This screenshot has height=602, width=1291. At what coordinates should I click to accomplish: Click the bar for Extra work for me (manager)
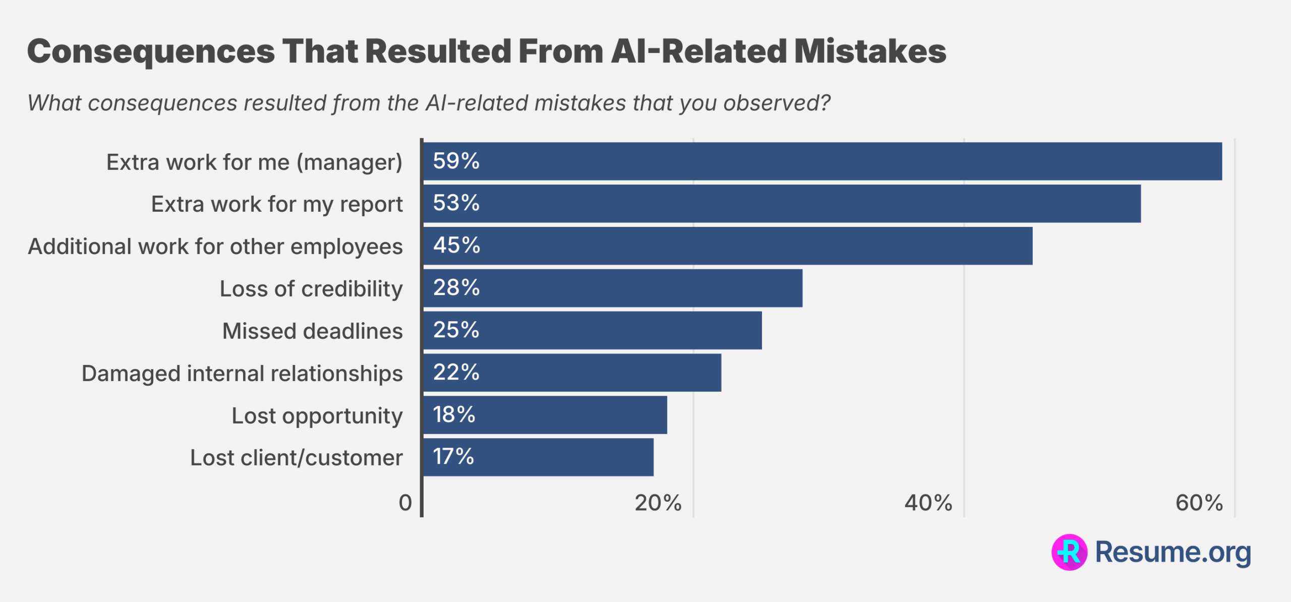coord(822,161)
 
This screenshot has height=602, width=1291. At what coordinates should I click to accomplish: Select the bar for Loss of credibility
coord(612,288)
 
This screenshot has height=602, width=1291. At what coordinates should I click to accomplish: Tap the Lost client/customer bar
coord(538,457)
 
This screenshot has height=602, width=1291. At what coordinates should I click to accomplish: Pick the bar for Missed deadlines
coord(592,330)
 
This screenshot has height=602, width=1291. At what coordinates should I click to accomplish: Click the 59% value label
coord(456,161)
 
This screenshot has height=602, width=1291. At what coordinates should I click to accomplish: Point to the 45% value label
coord(456,246)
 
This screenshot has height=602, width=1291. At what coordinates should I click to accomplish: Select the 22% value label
coord(456,373)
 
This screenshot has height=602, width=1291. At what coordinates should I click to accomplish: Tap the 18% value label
coord(454,415)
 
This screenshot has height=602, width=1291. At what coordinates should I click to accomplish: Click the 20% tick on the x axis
coord(658,503)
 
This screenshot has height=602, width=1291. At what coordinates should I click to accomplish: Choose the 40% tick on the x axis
coord(928,503)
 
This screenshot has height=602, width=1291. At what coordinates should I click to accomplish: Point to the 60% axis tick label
coord(1199,503)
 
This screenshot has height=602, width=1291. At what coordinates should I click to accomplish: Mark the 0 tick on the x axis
coord(405,503)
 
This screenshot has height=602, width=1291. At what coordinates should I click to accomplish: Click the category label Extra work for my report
coord(277,204)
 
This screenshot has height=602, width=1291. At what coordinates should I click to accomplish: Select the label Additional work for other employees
coord(215,247)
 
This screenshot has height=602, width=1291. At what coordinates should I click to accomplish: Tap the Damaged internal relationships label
coord(242,374)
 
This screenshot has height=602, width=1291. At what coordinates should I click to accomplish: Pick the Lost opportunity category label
coord(317,416)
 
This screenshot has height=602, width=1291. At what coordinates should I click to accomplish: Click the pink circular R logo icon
coord(1069,552)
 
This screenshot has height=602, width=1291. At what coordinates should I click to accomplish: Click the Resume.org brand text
coord(1173,552)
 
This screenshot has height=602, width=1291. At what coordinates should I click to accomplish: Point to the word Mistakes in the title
coord(869,51)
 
